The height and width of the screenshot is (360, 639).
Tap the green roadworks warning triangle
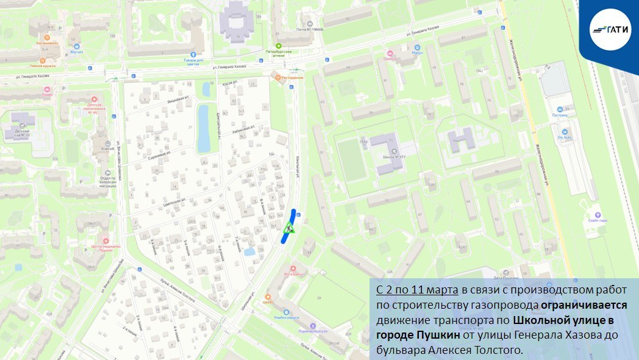point(288,229)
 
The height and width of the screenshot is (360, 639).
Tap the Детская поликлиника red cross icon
point(94,99)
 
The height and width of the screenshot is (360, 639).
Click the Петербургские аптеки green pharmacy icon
point(279,46)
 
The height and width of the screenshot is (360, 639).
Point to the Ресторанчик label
point(291,77)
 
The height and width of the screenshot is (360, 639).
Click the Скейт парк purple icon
point(597,215)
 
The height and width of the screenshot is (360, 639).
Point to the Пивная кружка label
point(45,65)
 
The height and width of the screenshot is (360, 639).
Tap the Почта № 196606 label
point(310,29)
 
